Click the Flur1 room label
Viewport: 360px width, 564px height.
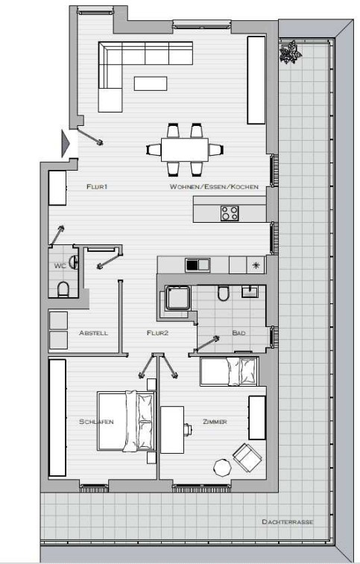(x=97, y=186)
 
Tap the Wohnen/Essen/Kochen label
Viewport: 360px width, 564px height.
(x=214, y=187)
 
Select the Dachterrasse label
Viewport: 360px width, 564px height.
(x=288, y=522)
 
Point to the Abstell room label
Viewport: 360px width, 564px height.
(x=93, y=333)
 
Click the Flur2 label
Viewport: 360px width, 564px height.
(x=158, y=333)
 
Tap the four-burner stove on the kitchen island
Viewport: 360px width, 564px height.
(x=230, y=213)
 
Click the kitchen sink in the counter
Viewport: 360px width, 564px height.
(x=198, y=265)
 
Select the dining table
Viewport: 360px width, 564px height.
(x=185, y=150)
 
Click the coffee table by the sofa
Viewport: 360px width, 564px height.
(x=151, y=83)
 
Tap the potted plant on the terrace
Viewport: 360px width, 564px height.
(x=290, y=52)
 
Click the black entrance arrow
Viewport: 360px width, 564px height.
(x=66, y=144)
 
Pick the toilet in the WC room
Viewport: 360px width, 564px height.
(x=63, y=289)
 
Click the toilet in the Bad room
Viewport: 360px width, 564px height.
(x=223, y=293)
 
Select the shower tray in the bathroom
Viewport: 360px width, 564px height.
(x=177, y=298)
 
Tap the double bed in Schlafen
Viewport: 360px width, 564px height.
(x=127, y=421)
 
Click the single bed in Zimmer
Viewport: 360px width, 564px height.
(x=229, y=372)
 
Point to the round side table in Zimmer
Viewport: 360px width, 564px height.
(x=222, y=468)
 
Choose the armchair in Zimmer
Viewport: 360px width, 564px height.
(x=247, y=457)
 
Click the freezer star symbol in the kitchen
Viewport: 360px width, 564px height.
(x=256, y=265)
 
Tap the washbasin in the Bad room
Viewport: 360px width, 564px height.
(x=250, y=291)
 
